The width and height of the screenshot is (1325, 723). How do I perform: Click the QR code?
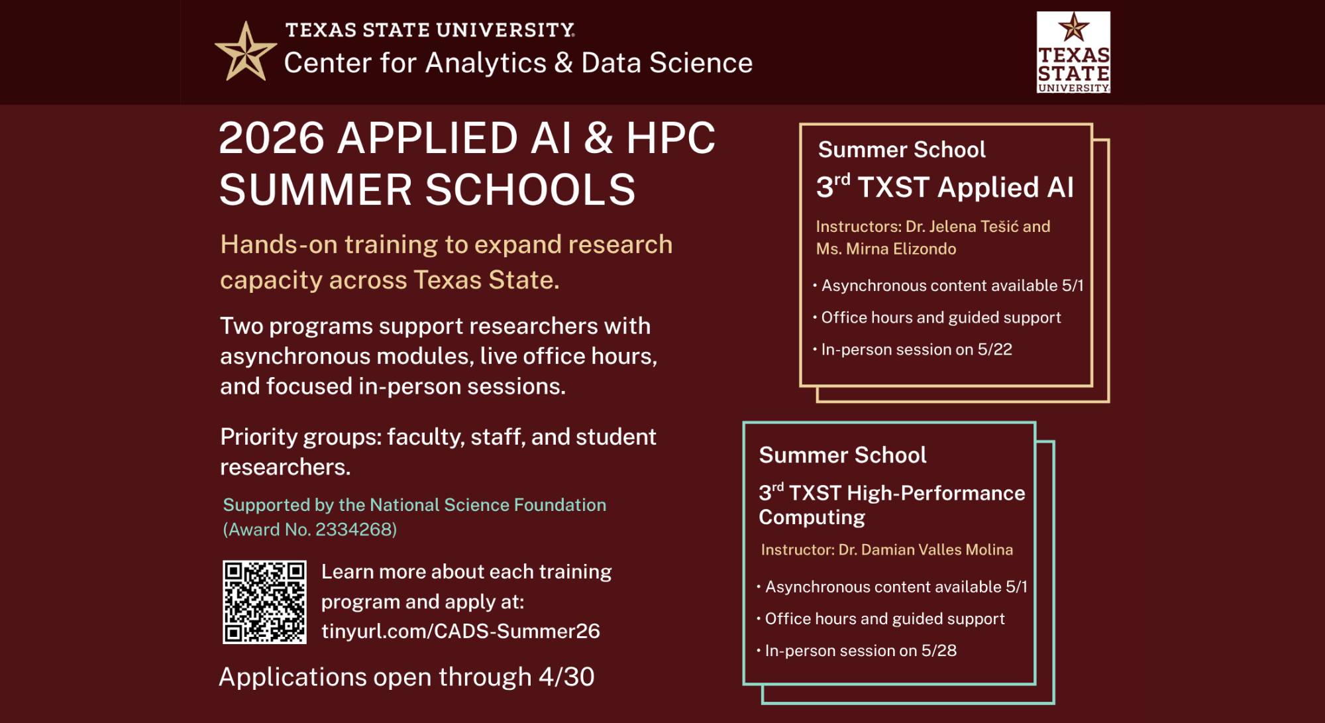point(264,602)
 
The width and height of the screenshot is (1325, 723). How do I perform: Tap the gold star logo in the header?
point(245,52)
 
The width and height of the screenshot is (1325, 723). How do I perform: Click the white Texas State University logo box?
point(1073,52)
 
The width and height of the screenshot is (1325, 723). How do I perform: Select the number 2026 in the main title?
point(272,139)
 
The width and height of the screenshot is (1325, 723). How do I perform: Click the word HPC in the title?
point(670,139)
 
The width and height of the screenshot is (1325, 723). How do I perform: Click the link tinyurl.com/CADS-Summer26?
point(460,631)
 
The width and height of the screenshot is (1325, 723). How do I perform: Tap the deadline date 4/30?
point(566,677)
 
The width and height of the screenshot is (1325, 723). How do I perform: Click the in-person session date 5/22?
point(994,349)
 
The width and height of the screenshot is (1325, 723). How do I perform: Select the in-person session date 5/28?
point(939,651)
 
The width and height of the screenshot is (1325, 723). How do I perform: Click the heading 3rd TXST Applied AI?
point(945,188)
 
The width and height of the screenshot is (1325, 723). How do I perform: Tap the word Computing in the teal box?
point(812,518)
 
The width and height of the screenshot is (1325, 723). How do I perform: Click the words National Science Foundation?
point(488,505)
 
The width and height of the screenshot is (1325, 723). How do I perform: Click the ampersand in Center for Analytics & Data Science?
point(563,63)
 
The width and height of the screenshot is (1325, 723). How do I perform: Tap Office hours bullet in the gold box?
point(941,317)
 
